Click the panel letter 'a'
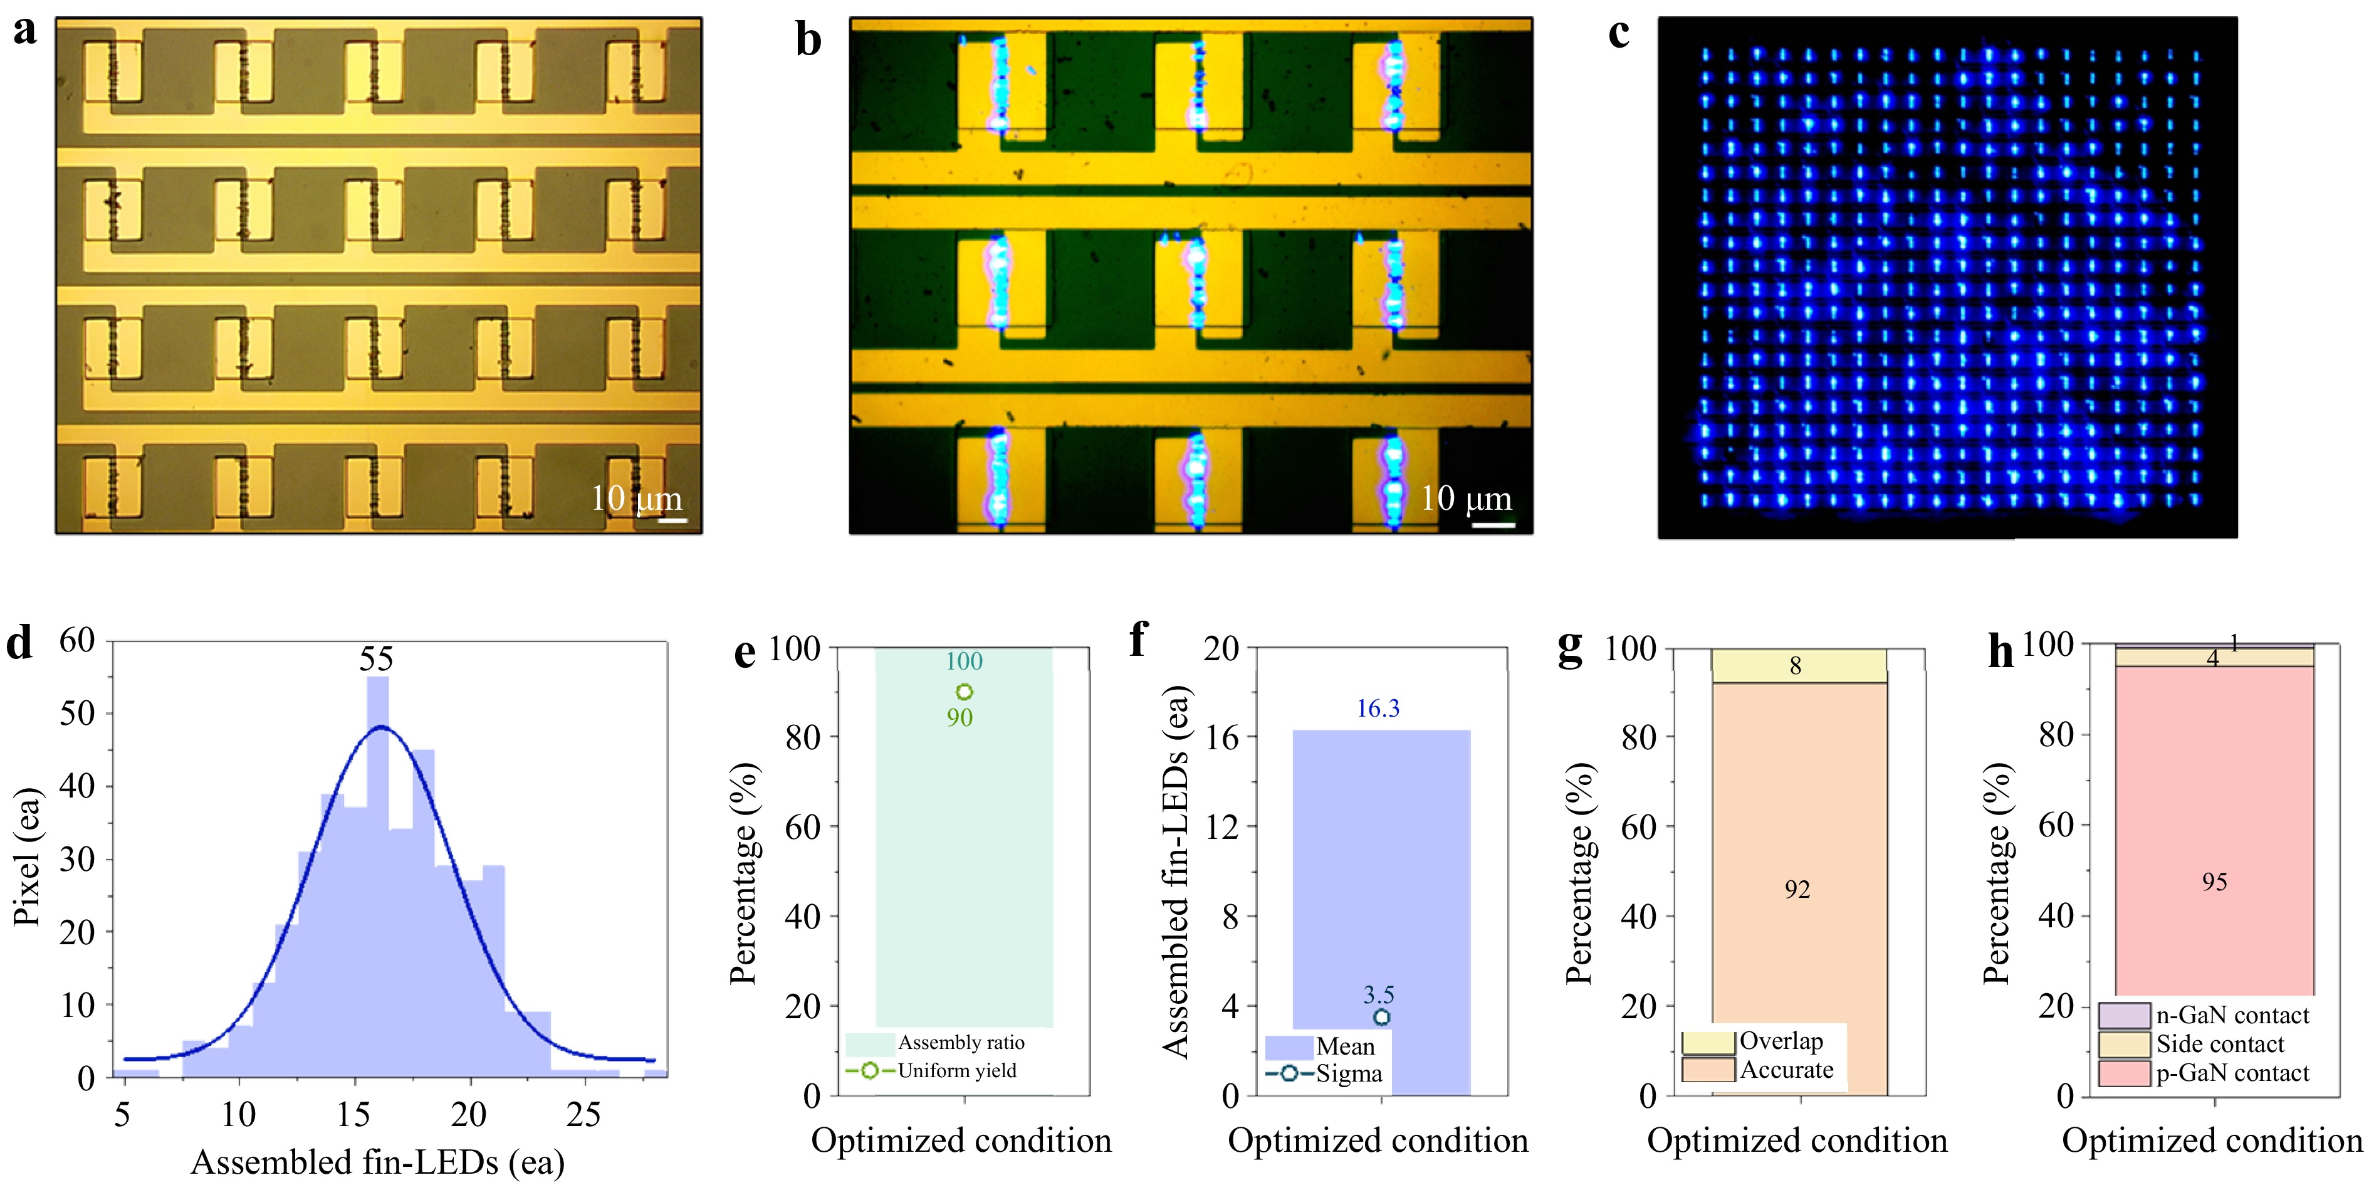tap(25, 31)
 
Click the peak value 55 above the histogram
tap(376, 659)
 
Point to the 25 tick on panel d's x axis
tap(583, 1115)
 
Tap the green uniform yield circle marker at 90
tap(964, 692)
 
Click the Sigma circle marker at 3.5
tap(1381, 1016)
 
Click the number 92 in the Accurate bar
tap(1797, 890)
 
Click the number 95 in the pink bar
tap(2214, 882)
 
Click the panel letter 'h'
tap(2001, 652)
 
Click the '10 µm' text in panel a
tap(636, 498)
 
